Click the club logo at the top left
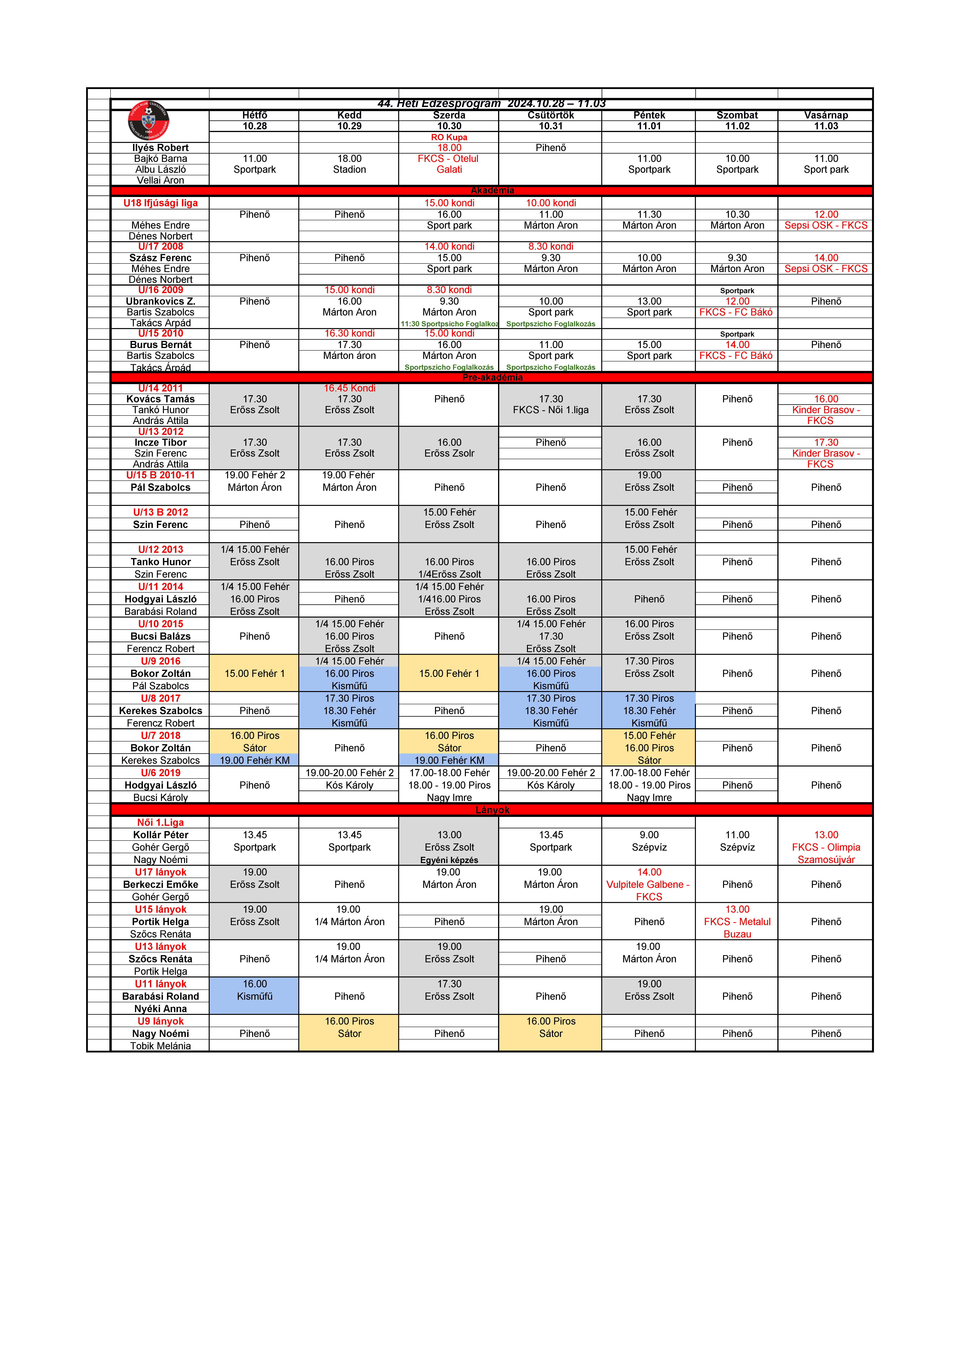click(x=149, y=121)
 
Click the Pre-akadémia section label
click(x=492, y=377)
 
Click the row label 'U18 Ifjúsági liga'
click(x=161, y=203)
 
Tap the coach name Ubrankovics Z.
click(x=161, y=301)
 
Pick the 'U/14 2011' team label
click(x=161, y=388)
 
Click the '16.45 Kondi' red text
click(x=350, y=388)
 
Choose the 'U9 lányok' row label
click(x=161, y=1021)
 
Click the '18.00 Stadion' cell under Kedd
click(x=350, y=164)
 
